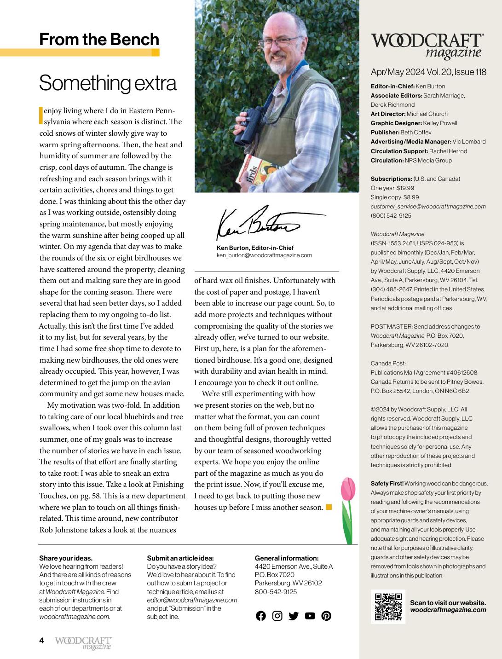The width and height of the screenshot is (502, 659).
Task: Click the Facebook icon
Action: click(261, 616)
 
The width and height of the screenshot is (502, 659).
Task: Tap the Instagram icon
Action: click(277, 616)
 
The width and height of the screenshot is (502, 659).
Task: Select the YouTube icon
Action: click(310, 616)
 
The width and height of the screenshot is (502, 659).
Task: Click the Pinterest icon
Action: click(326, 616)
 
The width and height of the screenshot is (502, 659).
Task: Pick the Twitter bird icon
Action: click(294, 616)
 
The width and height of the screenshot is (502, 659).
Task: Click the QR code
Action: click(388, 607)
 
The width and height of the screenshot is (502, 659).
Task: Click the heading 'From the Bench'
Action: click(99, 39)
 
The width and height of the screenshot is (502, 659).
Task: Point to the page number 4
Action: click(41, 640)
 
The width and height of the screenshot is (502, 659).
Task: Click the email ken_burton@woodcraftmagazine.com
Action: click(264, 255)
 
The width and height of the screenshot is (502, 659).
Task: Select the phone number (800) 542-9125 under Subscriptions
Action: click(391, 215)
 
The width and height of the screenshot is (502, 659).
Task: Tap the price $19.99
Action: click(404, 188)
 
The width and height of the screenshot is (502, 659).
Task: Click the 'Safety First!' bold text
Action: click(387, 483)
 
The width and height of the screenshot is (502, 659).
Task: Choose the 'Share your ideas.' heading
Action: click(66, 558)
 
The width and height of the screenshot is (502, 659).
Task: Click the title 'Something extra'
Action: click(108, 83)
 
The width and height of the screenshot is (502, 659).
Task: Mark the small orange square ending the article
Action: click(329, 507)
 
